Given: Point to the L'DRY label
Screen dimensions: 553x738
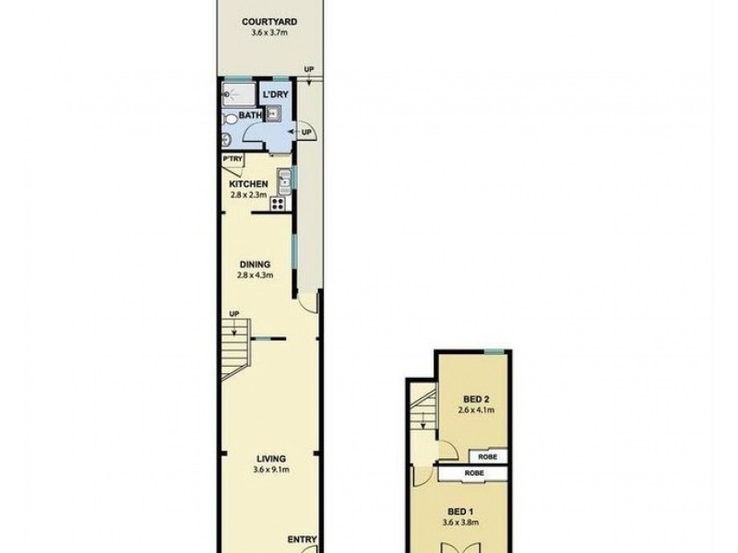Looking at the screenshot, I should click(x=275, y=96).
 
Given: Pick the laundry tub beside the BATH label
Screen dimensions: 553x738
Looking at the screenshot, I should click(x=274, y=114).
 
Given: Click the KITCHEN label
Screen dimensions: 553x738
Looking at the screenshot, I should click(x=248, y=183).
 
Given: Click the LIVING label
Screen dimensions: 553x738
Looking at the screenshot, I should click(x=271, y=458).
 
